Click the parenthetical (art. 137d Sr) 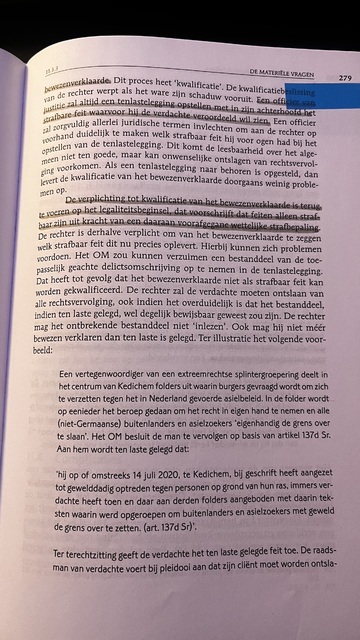click(181, 575)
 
